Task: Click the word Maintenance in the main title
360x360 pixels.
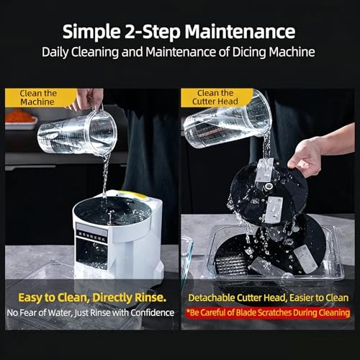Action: [240, 32]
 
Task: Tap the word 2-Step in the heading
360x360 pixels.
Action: [152, 32]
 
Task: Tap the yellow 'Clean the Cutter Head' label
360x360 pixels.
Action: [215, 97]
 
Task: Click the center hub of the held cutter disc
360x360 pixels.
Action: [269, 186]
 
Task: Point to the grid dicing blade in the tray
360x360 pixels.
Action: [230, 264]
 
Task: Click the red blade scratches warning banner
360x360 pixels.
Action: [268, 312]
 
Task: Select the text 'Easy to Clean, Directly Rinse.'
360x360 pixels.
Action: [92, 298]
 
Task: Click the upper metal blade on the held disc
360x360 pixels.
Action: [264, 170]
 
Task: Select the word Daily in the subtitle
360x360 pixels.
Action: [55, 53]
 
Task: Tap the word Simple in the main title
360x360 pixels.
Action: [91, 32]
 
